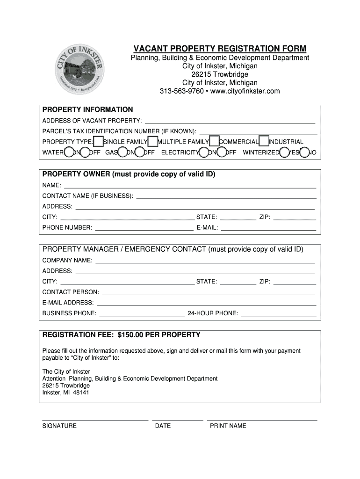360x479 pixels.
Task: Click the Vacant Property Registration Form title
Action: (220, 49)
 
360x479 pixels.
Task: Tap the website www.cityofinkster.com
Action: (238, 91)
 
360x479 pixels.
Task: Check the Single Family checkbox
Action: (98, 142)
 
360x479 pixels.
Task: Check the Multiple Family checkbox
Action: (152, 142)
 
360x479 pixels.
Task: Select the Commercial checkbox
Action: (214, 142)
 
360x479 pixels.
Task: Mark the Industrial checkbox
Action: (264, 142)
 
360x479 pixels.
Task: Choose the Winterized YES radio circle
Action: (284, 152)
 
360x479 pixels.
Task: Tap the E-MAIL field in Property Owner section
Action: (268, 228)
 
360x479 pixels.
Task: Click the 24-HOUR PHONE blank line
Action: (279, 313)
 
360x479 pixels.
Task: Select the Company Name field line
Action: (205, 260)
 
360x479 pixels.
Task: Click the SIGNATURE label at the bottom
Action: (59, 426)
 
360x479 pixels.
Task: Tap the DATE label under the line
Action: (163, 426)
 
